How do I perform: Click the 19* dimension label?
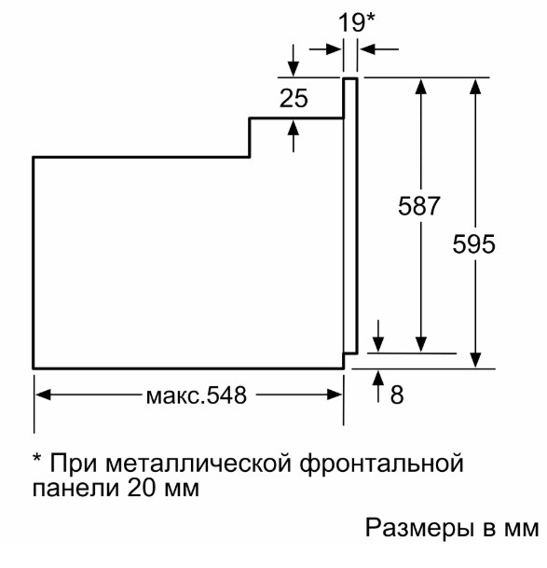pyautogui.click(x=356, y=22)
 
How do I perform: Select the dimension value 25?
pyautogui.click(x=294, y=98)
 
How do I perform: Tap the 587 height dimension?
pyautogui.click(x=418, y=206)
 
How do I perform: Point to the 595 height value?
pyautogui.click(x=473, y=243)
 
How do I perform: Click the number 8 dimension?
pyautogui.click(x=397, y=395)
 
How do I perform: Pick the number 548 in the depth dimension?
pyautogui.click(x=226, y=395)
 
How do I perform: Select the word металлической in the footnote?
pyautogui.click(x=198, y=464)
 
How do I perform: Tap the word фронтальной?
pyautogui.click(x=381, y=464)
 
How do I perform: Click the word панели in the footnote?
pyautogui.click(x=76, y=489)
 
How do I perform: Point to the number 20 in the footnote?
pyautogui.click(x=142, y=487)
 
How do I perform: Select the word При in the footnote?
pyautogui.click(x=74, y=463)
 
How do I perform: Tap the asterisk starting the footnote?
pyautogui.click(x=37, y=457)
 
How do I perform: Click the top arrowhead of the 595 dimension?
pyautogui.click(x=476, y=87)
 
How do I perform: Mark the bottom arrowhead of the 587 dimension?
pyautogui.click(x=420, y=344)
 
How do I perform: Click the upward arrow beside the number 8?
pyautogui.click(x=378, y=386)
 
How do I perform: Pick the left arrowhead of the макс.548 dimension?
pyautogui.click(x=44, y=395)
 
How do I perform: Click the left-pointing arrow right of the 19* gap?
pyautogui.click(x=379, y=48)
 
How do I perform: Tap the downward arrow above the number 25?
pyautogui.click(x=294, y=61)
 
